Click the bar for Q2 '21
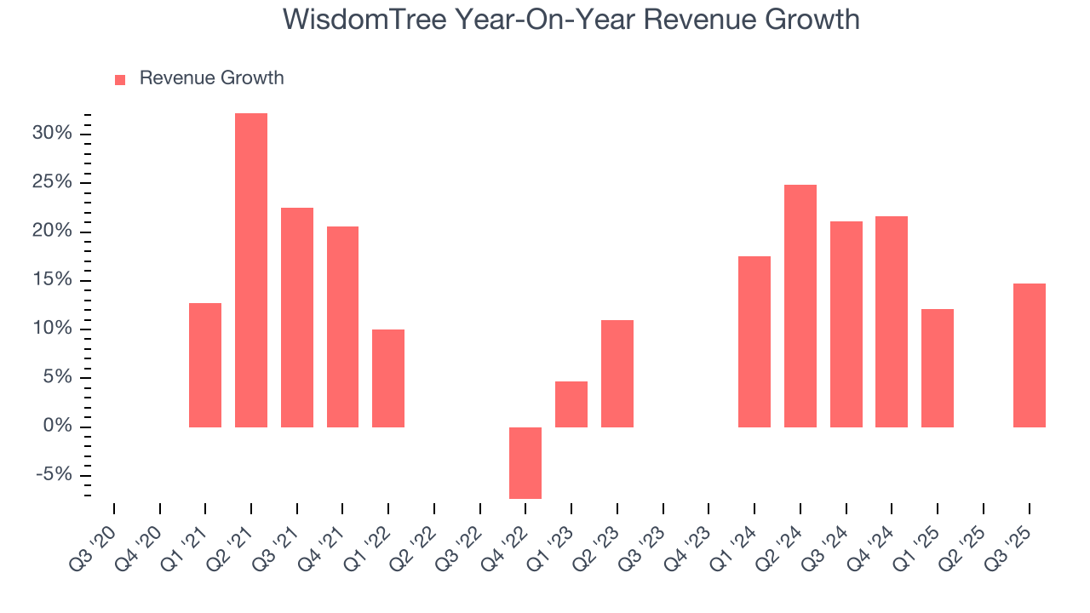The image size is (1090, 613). (x=251, y=270)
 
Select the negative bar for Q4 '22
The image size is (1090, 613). (x=525, y=462)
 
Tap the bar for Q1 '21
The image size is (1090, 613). (x=205, y=364)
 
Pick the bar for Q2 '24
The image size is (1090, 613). (x=800, y=306)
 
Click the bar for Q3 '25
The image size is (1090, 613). (x=1029, y=355)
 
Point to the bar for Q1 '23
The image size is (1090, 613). (x=571, y=404)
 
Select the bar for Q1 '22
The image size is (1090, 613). (x=388, y=378)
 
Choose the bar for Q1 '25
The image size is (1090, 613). (x=938, y=368)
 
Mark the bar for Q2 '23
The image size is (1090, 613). (x=617, y=373)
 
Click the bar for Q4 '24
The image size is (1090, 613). (x=892, y=321)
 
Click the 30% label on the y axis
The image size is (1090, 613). (x=52, y=134)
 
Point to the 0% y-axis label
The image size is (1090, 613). (x=59, y=427)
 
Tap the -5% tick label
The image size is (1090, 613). (x=55, y=475)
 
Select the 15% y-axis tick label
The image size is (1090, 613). (x=52, y=280)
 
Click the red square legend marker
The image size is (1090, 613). (x=120, y=79)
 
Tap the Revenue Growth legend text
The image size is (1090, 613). (x=211, y=78)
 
